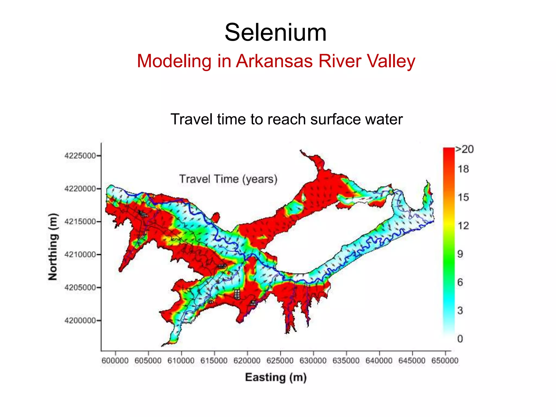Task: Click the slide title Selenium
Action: (276, 33)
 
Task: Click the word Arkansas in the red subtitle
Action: (274, 61)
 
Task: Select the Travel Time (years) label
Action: (228, 179)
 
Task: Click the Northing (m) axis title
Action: (53, 247)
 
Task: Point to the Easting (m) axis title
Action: (276, 377)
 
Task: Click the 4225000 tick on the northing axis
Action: (80, 156)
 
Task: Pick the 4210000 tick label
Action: (80, 255)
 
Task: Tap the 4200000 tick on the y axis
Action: (80, 321)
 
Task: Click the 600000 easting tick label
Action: (115, 361)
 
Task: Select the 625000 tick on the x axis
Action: (280, 361)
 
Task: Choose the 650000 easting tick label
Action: (445, 361)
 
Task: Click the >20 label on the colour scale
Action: (465, 149)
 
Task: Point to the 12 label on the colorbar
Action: (463, 226)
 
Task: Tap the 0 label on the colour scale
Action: (460, 339)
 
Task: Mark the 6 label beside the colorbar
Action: (460, 282)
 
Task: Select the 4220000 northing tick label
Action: (80, 189)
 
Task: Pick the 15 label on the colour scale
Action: (463, 197)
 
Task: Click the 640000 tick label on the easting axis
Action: (379, 361)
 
